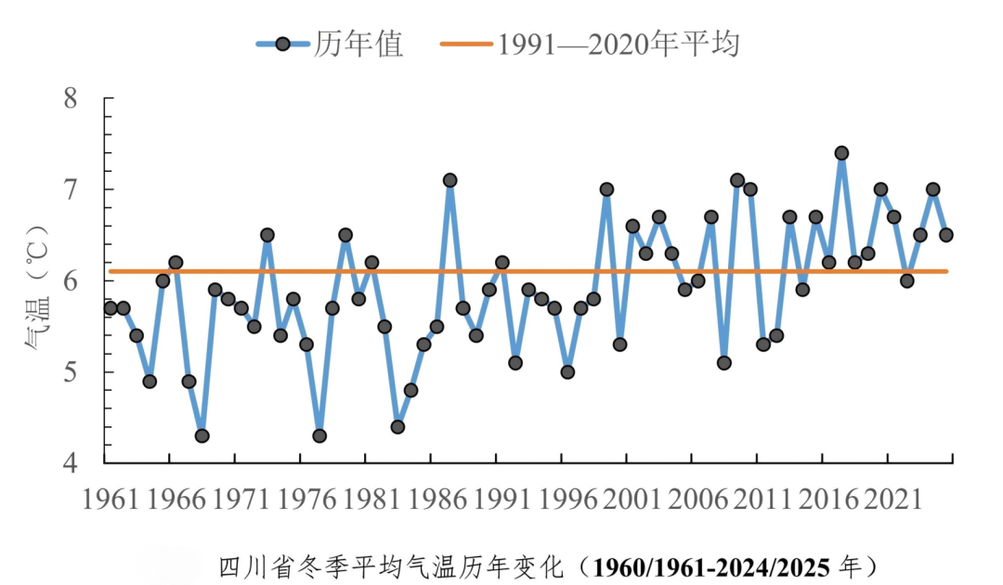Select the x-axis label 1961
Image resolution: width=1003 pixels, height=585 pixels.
[111, 499]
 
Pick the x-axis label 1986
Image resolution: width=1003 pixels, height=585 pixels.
[437, 499]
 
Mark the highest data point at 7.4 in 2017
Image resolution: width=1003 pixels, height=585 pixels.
[841, 153]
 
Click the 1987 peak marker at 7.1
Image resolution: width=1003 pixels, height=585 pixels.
[449, 180]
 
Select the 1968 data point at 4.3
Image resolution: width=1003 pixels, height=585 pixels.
[202, 435]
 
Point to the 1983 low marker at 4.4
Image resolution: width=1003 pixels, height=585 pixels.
[397, 426]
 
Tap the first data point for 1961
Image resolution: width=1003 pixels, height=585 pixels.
[111, 307]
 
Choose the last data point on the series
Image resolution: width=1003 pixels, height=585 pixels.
[945, 235]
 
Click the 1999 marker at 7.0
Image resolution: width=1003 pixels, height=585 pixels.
[606, 189]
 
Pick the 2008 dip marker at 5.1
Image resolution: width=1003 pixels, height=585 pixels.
[723, 362]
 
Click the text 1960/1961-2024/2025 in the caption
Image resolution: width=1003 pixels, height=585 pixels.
[714, 565]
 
